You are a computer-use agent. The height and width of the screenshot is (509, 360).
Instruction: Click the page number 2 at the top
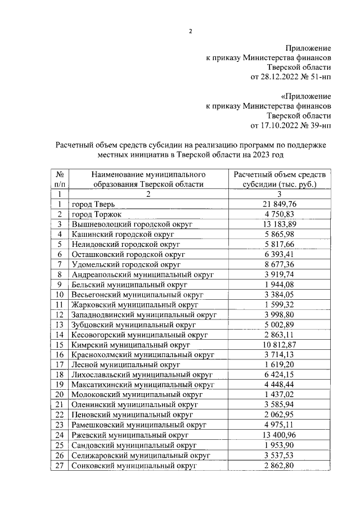click(x=190, y=31)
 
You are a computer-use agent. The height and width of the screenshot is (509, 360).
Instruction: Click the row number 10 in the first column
click(x=59, y=294)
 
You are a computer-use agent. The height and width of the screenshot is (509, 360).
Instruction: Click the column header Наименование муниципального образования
click(x=148, y=179)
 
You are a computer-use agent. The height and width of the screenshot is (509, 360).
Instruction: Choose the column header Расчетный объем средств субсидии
click(x=279, y=179)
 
